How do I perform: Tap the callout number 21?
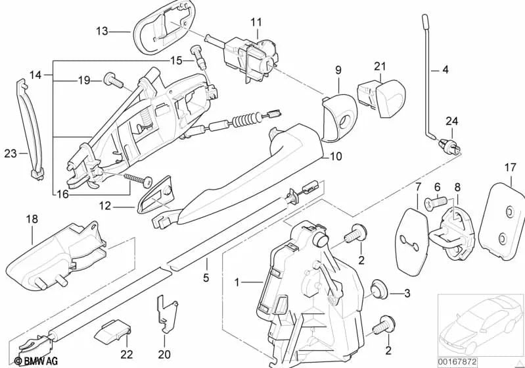(x=379, y=66)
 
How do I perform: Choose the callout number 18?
(x=32, y=217)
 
